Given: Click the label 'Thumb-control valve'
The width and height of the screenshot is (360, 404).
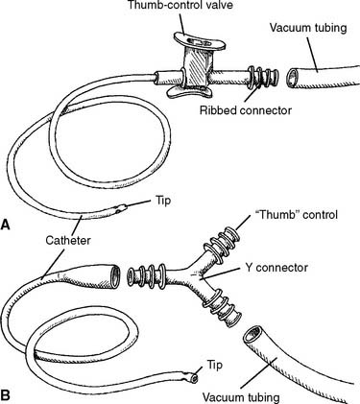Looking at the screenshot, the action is (180, 6).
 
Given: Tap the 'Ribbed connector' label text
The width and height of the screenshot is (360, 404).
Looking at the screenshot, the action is (246, 110).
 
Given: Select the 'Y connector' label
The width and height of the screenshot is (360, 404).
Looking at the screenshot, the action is (276, 267).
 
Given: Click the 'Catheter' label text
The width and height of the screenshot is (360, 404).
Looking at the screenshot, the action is (68, 240).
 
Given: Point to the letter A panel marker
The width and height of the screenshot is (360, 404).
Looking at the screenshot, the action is (5, 225).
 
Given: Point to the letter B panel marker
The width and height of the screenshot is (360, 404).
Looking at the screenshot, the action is (5, 395).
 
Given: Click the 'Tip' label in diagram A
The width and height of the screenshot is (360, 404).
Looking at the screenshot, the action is (163, 202).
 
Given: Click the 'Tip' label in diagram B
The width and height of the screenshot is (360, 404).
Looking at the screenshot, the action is (214, 365).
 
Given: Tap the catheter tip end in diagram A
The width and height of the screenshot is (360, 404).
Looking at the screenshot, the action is (122, 208).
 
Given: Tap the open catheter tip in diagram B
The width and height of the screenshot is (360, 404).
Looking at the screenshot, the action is (193, 379).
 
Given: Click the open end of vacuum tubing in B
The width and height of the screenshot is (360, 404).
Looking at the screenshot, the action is (252, 335).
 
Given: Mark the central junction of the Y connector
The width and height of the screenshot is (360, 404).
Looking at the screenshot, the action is (193, 275).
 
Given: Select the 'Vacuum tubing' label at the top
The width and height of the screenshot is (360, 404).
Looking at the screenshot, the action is (308, 28).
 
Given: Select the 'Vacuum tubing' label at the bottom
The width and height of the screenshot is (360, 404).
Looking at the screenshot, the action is (241, 397).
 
